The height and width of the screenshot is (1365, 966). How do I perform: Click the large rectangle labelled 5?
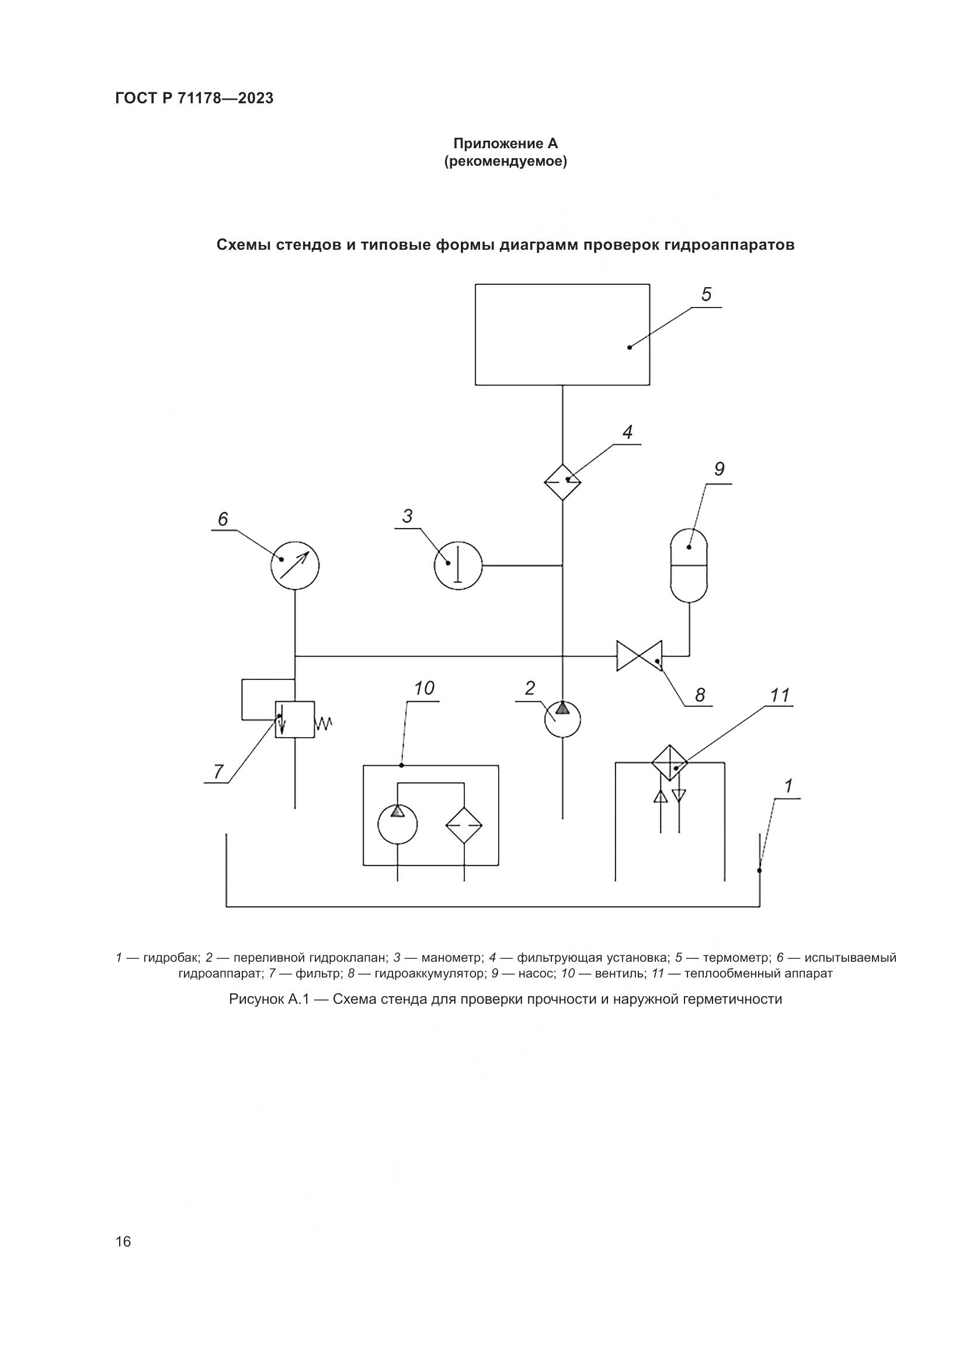[x=562, y=334]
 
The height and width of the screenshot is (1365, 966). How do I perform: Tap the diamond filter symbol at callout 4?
[x=562, y=481]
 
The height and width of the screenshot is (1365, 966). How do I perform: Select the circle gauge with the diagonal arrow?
[x=294, y=565]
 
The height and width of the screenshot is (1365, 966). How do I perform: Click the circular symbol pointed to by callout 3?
[x=458, y=565]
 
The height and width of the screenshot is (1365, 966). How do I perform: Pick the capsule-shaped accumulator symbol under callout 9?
[x=689, y=565]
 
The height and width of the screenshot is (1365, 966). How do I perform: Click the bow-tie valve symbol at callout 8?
[x=640, y=656]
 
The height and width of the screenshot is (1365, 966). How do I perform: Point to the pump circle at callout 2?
[x=562, y=720]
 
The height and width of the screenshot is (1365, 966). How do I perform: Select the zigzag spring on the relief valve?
[x=324, y=723]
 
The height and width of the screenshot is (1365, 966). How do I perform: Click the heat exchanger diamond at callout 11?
[x=670, y=763]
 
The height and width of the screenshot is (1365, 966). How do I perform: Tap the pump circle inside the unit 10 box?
[x=397, y=824]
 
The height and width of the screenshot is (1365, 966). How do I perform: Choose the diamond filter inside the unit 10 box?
[x=464, y=825]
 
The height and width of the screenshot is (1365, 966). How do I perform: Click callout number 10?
[x=423, y=689]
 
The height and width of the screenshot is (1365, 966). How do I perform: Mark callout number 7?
[x=218, y=771]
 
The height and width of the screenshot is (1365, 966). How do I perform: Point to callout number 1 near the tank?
[x=788, y=787]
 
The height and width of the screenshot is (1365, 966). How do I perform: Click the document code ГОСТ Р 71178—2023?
[x=194, y=99]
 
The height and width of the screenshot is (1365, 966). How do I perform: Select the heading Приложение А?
[x=505, y=144]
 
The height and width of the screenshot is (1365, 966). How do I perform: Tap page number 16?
[x=123, y=1241]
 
